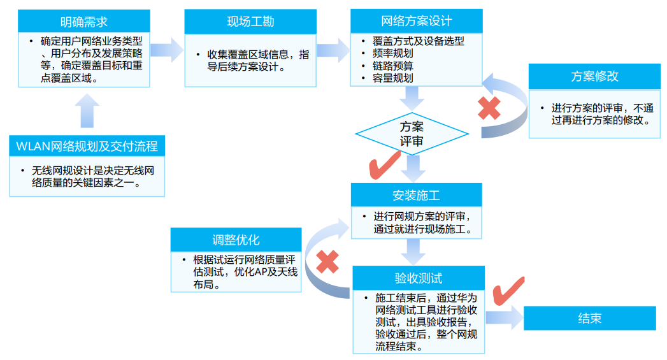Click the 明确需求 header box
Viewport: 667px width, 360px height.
click(83, 22)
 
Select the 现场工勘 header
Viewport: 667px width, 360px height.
click(250, 22)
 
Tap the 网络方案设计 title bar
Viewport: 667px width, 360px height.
click(417, 21)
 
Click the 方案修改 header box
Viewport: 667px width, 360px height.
click(594, 76)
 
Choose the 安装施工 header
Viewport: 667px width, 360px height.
click(416, 195)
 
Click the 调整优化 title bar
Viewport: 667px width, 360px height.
click(236, 240)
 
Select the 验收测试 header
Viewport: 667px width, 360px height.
click(418, 278)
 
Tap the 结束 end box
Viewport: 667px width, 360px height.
click(589, 318)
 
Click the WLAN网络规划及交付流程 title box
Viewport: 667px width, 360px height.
click(87, 147)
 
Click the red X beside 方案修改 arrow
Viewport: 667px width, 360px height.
click(489, 109)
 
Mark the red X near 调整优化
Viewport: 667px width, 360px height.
click(327, 261)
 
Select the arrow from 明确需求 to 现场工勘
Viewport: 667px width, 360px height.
click(167, 50)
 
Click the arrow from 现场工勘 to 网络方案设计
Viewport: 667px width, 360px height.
click(333, 50)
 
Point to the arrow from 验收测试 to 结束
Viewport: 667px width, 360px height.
click(503, 318)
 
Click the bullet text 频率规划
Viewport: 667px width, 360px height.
click(393, 54)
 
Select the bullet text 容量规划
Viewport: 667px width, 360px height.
click(393, 78)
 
